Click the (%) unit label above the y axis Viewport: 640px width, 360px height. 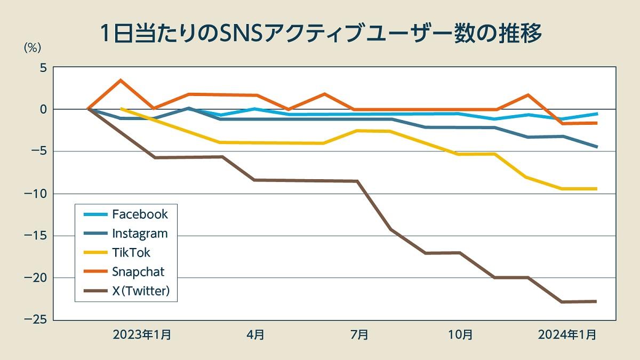click(x=32, y=47)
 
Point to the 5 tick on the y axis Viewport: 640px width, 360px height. click(x=42, y=68)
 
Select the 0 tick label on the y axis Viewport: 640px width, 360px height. click(x=42, y=109)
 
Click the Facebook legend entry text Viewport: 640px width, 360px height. click(x=140, y=214)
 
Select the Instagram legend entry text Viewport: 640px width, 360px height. click(x=140, y=234)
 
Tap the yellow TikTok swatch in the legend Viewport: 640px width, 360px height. click(x=95, y=253)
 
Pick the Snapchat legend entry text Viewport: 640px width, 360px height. click(x=138, y=271)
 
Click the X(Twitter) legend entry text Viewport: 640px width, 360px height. click(x=141, y=291)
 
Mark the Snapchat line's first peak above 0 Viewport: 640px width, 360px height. click(x=121, y=80)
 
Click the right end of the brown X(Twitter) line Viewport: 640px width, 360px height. click(x=596, y=301)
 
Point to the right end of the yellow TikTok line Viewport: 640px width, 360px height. click(x=596, y=189)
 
